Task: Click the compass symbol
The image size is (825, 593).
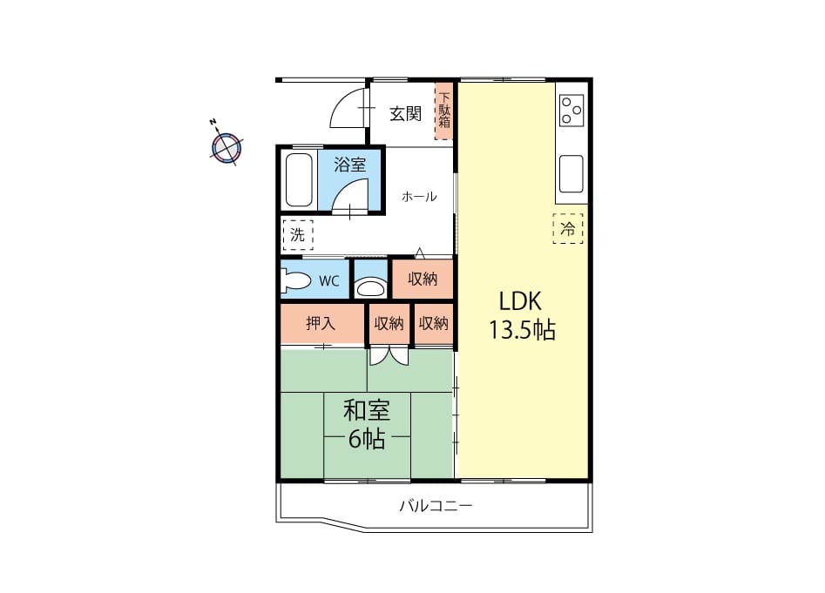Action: tap(227, 146)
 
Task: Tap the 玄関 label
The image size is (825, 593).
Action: tap(405, 113)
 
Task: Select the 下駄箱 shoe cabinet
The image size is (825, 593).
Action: tap(443, 112)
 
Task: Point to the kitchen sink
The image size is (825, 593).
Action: tap(571, 174)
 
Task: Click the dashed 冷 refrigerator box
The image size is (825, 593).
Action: tap(568, 229)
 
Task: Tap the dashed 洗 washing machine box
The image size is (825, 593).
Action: tap(298, 234)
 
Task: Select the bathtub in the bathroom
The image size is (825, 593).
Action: tap(298, 179)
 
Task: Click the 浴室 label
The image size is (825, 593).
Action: tap(350, 165)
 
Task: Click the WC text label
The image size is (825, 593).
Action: tap(329, 280)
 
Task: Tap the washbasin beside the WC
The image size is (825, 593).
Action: tap(370, 288)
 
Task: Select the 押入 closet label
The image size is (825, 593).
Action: tap(321, 323)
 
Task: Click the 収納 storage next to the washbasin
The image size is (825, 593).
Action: tap(423, 279)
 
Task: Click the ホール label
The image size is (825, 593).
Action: tap(419, 197)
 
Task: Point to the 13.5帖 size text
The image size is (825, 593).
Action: tap(523, 330)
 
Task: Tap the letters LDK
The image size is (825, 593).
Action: tap(520, 302)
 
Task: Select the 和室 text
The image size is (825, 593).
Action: tap(367, 411)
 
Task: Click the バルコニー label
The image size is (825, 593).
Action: tap(436, 506)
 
